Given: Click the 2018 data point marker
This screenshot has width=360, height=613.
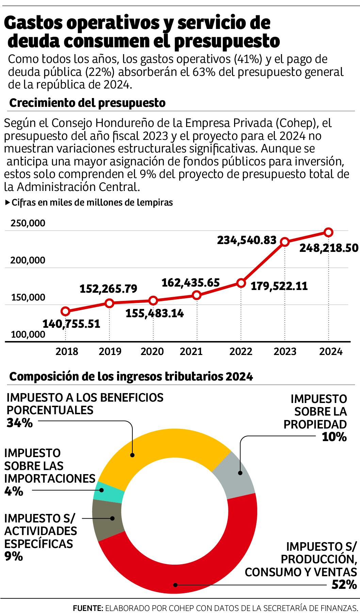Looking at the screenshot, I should pos(66,311).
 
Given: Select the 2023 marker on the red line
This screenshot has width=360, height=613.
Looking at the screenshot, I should pos(285,242).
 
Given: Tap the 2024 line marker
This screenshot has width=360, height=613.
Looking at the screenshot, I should pos(328,232).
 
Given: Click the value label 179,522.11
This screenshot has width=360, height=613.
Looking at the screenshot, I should pos(279,286).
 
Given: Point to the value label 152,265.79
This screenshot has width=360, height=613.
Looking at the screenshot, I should pos(108,289).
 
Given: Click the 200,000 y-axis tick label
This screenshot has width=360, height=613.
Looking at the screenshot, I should pos(28,260).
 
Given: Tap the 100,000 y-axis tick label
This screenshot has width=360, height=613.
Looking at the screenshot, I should pos(28,334).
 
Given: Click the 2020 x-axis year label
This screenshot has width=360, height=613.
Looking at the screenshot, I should pos(152,351).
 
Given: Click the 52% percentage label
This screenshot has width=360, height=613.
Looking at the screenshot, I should pos(344,585).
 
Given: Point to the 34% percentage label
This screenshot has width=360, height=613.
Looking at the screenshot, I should pos(19,423).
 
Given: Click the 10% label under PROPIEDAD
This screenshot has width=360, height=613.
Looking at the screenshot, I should pos(334,437).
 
